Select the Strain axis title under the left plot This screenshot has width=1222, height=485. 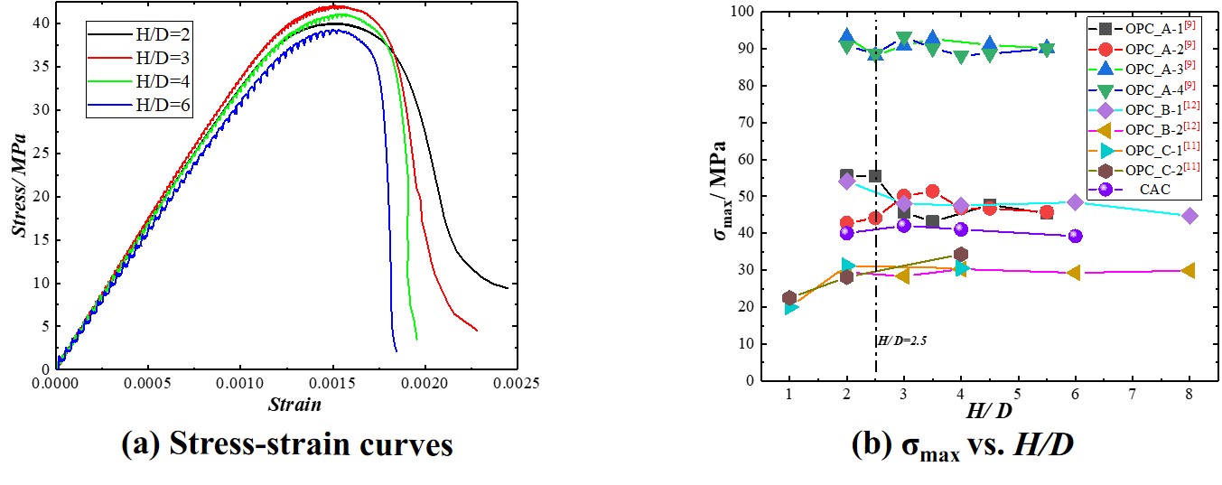294,405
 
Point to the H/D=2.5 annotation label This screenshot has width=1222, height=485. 901,340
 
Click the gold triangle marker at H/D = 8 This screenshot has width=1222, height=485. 1189,271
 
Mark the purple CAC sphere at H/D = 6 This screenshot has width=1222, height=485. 1075,236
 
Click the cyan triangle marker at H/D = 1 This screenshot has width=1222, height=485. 790,307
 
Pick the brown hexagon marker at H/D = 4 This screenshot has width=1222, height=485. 960,255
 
